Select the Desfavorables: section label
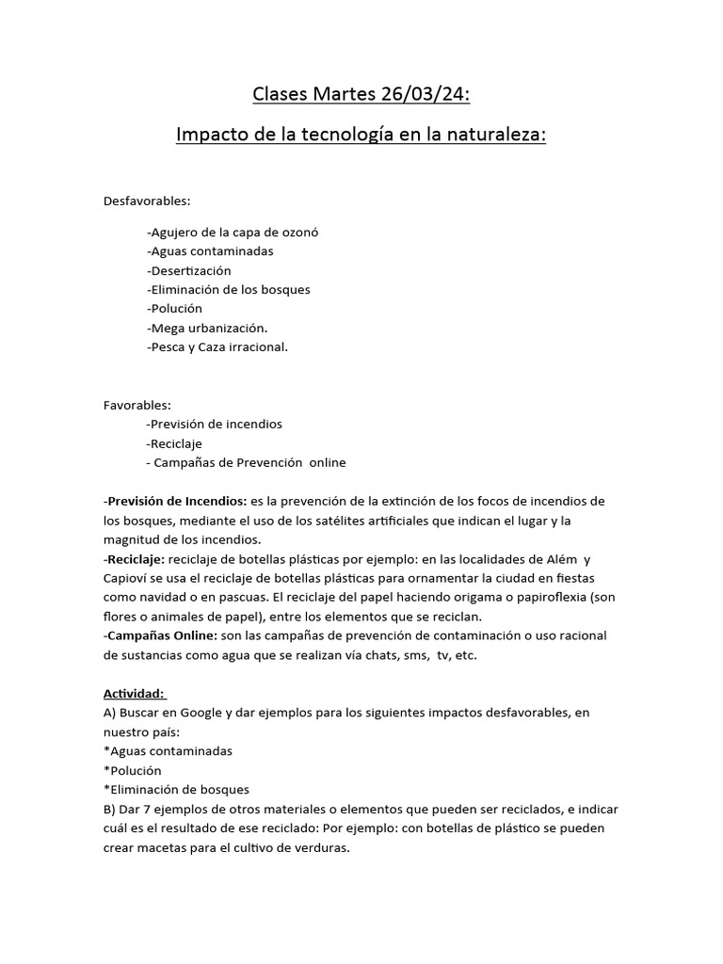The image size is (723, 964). coord(147,201)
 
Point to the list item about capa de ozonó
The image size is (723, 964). coord(233,233)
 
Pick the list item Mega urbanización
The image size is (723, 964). coord(207,328)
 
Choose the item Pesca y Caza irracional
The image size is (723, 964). coord(217,346)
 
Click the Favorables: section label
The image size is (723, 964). coord(137,405)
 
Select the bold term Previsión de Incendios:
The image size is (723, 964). coord(177,500)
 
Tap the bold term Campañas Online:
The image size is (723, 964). coord(162,635)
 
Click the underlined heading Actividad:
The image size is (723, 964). coord(136,694)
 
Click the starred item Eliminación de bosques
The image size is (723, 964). coord(176,790)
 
